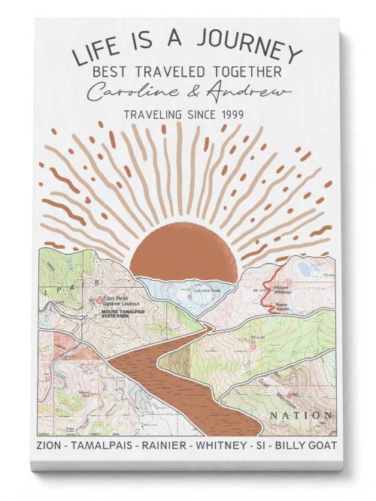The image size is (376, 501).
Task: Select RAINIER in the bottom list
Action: pos(163,446)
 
